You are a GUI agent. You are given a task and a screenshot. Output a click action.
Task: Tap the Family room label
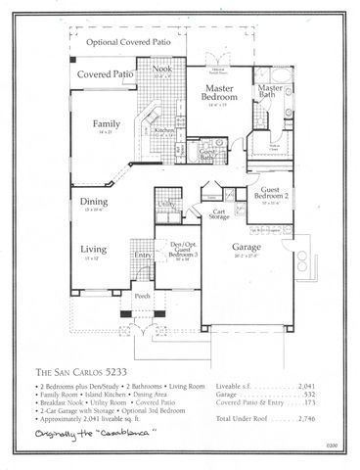106,125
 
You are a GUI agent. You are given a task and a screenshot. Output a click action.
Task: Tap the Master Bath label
269,93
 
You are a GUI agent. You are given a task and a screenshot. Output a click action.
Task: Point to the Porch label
142,294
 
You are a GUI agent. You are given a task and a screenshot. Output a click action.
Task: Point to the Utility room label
167,204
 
